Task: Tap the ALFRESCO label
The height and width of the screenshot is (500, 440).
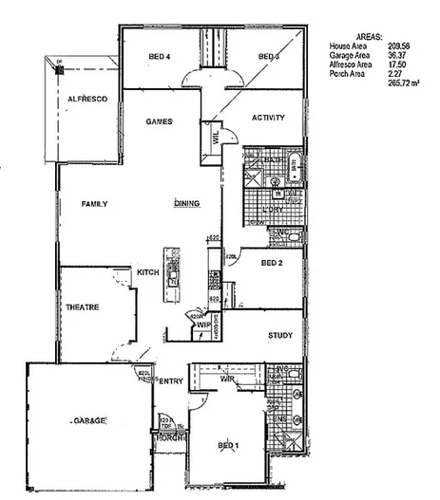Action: (x=86, y=99)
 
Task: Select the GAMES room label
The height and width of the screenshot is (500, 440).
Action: (x=158, y=122)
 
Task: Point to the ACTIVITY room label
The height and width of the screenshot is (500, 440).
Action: (x=269, y=117)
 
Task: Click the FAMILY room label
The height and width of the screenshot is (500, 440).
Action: (x=93, y=204)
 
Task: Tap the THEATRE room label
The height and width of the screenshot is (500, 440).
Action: (x=84, y=306)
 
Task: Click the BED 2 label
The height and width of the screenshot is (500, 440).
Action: (x=273, y=262)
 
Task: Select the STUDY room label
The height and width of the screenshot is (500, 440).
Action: (x=280, y=336)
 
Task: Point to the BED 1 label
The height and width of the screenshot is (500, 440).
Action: (x=228, y=445)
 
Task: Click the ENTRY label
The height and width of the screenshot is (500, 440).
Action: (x=170, y=381)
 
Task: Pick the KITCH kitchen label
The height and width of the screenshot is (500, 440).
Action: (x=147, y=273)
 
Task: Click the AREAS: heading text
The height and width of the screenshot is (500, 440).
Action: (x=370, y=34)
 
